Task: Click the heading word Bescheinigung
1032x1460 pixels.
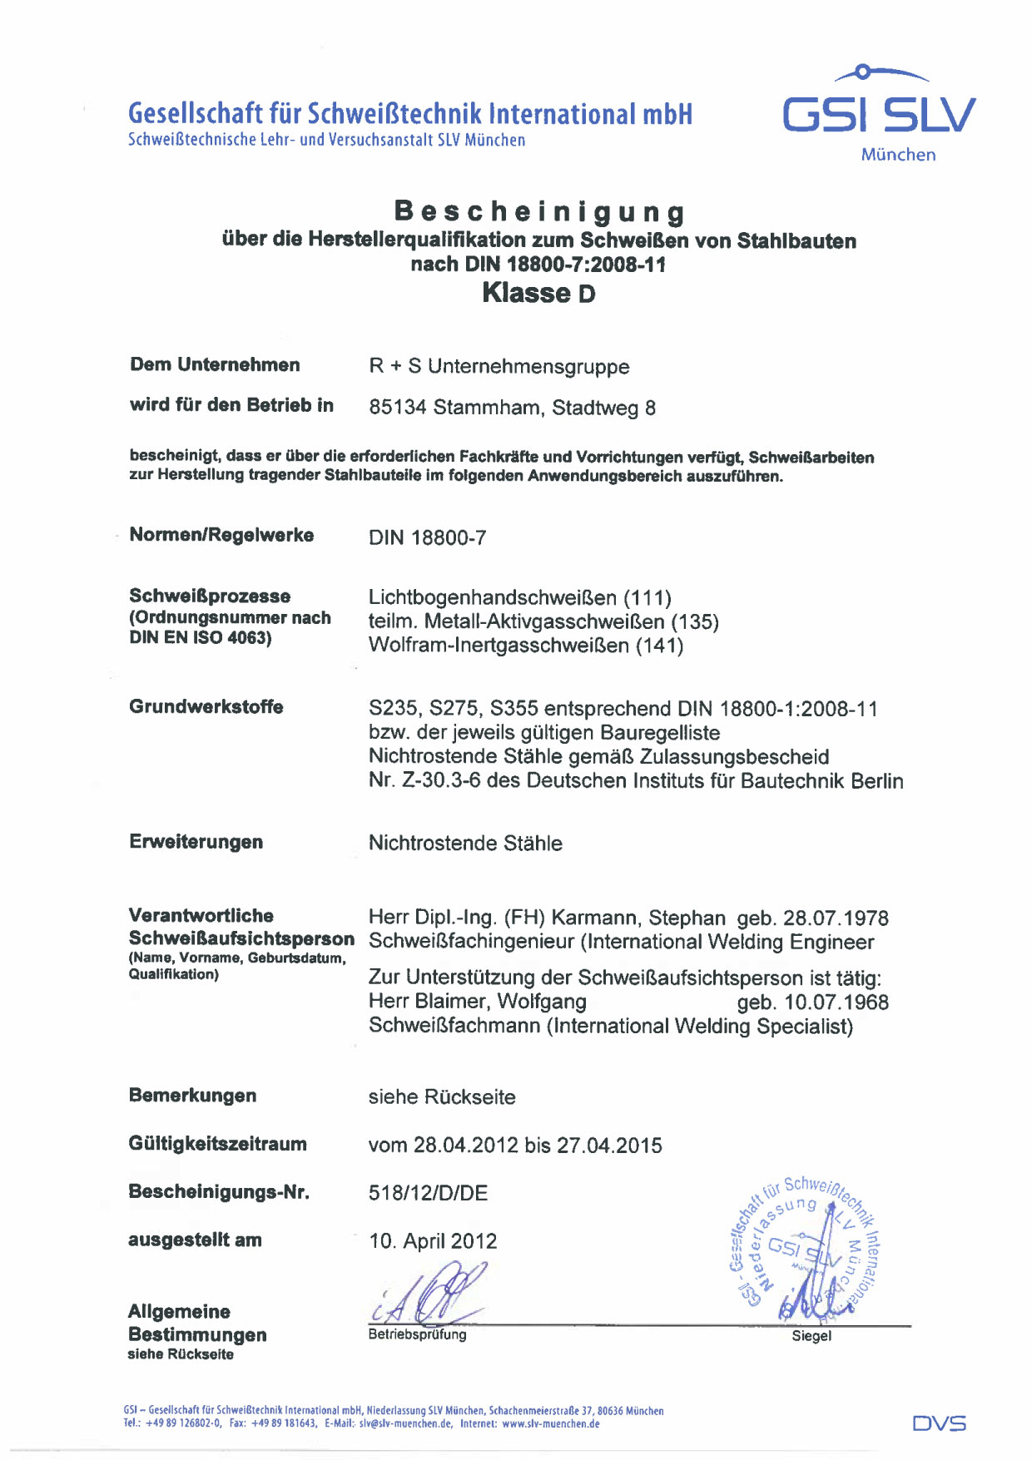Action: tap(540, 211)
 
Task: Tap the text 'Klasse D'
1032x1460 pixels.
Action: tap(538, 293)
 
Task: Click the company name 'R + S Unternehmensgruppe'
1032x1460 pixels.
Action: tap(499, 367)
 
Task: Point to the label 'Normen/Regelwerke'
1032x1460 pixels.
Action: tap(221, 535)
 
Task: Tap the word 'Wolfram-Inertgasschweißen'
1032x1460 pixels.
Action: tap(499, 646)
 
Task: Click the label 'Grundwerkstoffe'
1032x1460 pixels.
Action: tap(206, 707)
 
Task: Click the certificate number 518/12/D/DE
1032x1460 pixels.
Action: tap(428, 1194)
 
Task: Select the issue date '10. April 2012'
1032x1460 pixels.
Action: tap(433, 1242)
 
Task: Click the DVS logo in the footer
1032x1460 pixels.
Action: tap(940, 1423)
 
